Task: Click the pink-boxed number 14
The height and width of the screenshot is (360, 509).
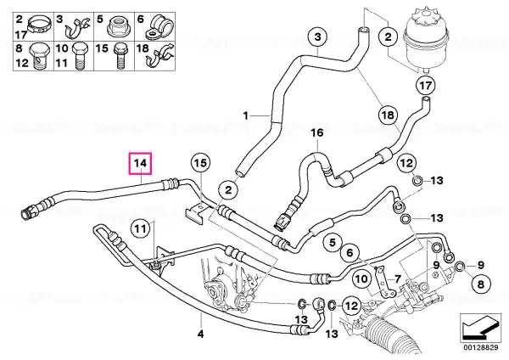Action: click(140, 163)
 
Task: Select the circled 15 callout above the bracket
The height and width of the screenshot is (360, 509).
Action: click(201, 163)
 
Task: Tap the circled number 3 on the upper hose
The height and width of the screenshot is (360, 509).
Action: click(317, 37)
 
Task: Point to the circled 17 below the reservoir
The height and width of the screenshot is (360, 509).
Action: click(425, 86)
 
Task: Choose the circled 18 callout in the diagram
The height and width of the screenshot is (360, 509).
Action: click(389, 115)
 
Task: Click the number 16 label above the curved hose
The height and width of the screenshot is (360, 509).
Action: click(317, 133)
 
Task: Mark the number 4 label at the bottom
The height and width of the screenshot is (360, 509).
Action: click(200, 334)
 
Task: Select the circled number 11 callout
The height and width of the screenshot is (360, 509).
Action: click(141, 229)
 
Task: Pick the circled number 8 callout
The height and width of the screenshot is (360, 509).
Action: click(481, 284)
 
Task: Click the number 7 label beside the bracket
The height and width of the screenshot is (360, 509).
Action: click(397, 279)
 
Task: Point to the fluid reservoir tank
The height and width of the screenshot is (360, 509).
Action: click(426, 39)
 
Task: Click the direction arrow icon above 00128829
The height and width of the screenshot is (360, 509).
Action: click(480, 327)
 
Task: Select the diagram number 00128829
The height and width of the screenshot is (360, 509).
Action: click(480, 347)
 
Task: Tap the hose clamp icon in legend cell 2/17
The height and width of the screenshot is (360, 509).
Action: click(39, 25)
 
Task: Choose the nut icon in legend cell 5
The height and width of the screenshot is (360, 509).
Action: click(119, 26)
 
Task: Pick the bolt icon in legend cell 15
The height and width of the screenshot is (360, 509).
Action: click(120, 57)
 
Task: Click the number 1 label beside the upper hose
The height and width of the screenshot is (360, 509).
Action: click(246, 115)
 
